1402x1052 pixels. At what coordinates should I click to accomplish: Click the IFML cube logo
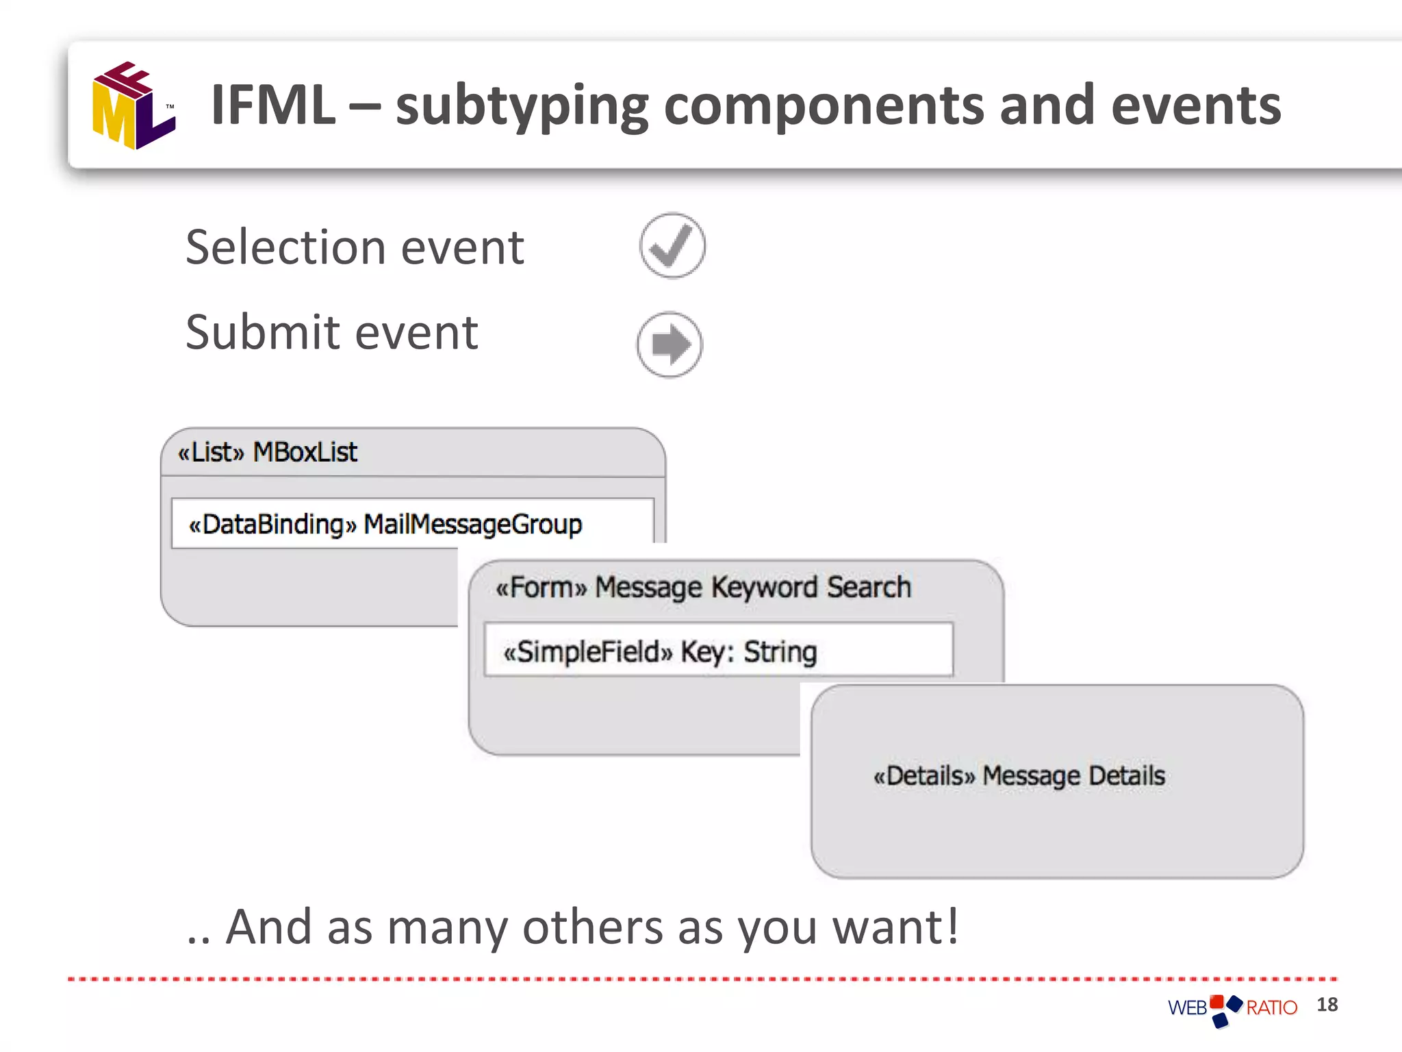tap(133, 106)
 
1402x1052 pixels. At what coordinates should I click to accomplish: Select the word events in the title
tap(1195, 106)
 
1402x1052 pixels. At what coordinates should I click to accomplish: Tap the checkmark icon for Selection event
tap(672, 246)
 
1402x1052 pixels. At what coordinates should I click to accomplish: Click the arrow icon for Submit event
tap(670, 345)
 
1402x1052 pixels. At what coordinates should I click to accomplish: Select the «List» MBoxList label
tap(267, 452)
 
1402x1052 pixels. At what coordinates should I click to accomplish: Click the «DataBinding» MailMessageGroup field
tap(385, 524)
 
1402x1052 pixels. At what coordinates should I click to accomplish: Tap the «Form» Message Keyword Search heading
tap(703, 588)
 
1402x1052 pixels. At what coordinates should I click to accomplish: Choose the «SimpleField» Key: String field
tap(660, 651)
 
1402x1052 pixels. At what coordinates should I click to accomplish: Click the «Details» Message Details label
tap(1019, 776)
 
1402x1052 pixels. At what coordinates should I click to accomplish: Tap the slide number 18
tap(1327, 1005)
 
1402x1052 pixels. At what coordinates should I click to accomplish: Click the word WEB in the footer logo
tap(1187, 1008)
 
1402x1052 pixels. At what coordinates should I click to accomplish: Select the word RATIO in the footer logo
tap(1271, 1008)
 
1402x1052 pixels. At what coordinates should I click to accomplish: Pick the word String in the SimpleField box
tap(780, 651)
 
